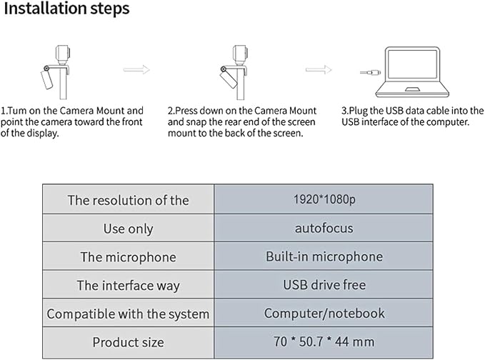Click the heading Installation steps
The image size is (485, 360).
[x=66, y=9]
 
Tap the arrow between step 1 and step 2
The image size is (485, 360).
[x=136, y=69]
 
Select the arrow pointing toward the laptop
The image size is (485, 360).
[x=319, y=69]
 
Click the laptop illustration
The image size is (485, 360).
[x=412, y=72]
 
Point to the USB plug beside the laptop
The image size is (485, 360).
[x=370, y=73]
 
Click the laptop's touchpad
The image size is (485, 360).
[x=412, y=89]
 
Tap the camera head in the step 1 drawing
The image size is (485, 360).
[x=63, y=53]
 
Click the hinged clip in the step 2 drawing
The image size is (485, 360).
[x=229, y=77]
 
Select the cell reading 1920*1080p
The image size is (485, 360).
[x=324, y=199]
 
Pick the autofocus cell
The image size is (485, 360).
[x=324, y=228]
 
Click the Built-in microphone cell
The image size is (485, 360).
[x=324, y=256]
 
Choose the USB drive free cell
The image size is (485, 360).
[x=324, y=284]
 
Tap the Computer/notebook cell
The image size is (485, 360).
[x=324, y=313]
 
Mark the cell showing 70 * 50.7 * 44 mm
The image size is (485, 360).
[x=324, y=342]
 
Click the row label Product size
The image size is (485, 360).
[x=128, y=342]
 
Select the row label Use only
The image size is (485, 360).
[x=128, y=229]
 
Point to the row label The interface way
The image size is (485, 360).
[x=128, y=286]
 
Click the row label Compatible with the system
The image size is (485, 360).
[x=128, y=314]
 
